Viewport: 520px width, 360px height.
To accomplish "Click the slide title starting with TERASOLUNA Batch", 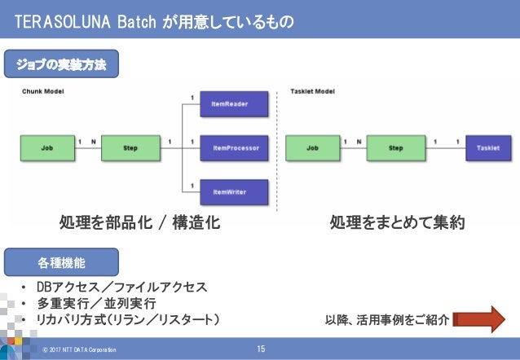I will click(156, 19).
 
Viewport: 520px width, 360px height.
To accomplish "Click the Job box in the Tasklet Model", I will click(312, 148).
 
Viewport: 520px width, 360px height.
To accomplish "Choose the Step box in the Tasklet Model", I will click(396, 148).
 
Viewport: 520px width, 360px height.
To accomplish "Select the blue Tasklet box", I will click(488, 148).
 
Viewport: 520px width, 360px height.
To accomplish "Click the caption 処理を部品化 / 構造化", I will click(140, 223).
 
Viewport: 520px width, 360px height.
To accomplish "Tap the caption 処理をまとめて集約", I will click(397, 223).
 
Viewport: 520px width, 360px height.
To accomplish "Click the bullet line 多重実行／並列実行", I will click(96, 303).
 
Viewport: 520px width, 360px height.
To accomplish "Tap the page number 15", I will click(261, 349).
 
